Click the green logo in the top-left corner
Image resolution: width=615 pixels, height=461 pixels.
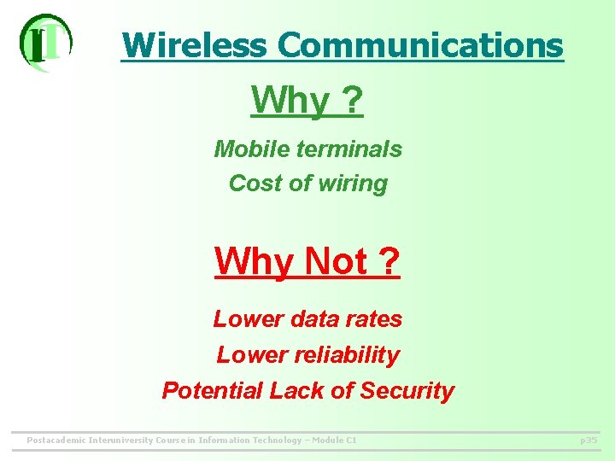(x=45, y=42)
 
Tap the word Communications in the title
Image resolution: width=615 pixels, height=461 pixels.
(x=420, y=45)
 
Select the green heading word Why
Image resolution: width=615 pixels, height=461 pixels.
(x=290, y=102)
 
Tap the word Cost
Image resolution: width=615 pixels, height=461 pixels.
(x=251, y=184)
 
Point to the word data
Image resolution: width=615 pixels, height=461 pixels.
(x=313, y=319)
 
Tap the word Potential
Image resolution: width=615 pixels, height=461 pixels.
(x=213, y=391)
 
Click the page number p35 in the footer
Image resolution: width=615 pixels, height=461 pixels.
(x=589, y=441)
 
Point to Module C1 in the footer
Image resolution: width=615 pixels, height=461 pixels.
(x=333, y=441)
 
